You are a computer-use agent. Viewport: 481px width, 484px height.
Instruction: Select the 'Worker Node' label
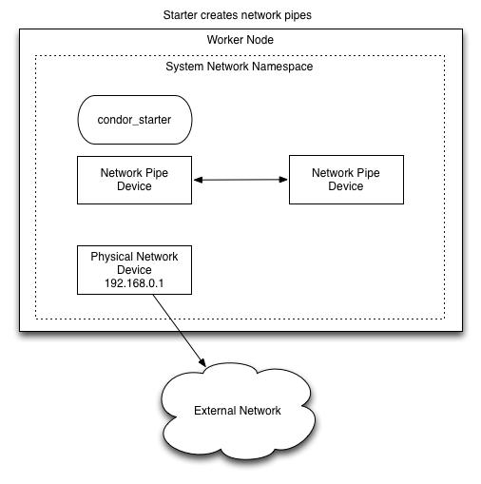click(240, 40)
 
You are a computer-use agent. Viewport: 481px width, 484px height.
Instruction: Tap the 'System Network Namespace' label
click(240, 68)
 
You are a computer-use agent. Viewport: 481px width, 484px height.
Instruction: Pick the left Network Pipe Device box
click(134, 180)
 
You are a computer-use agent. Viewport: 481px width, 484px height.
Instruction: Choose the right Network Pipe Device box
click(346, 180)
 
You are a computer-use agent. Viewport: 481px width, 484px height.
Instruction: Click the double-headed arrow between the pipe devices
click(240, 180)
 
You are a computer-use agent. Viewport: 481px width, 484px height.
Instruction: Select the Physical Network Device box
click(134, 270)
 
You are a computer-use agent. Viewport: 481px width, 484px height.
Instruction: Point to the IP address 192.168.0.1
click(134, 283)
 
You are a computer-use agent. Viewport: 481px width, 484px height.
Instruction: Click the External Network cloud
click(238, 411)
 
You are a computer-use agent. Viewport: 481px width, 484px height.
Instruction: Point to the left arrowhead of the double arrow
click(197, 180)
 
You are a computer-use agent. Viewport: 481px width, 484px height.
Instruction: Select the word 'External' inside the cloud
click(215, 411)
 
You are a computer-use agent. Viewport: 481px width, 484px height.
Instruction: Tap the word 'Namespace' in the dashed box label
click(282, 68)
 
